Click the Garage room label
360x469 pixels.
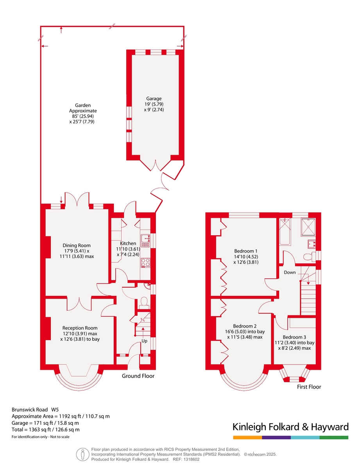point(154,98)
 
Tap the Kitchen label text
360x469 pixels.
point(128,243)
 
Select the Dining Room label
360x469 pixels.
point(76,245)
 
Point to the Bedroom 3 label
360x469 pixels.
point(294,337)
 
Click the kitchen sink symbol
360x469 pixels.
point(145,241)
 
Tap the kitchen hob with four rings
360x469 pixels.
point(145,263)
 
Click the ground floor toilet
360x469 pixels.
point(144,302)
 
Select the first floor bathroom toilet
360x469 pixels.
point(309,257)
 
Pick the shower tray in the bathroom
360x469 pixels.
point(308,227)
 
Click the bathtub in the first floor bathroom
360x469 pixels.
point(285,232)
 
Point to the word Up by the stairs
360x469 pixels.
point(144,340)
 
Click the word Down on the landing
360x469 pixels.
point(290,272)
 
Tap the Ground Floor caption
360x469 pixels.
point(138,376)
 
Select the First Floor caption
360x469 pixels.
point(309,387)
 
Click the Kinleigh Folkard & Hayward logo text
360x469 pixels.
point(290,427)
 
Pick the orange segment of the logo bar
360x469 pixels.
point(247,437)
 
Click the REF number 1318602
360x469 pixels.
point(191,459)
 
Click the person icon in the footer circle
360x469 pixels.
point(83,454)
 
